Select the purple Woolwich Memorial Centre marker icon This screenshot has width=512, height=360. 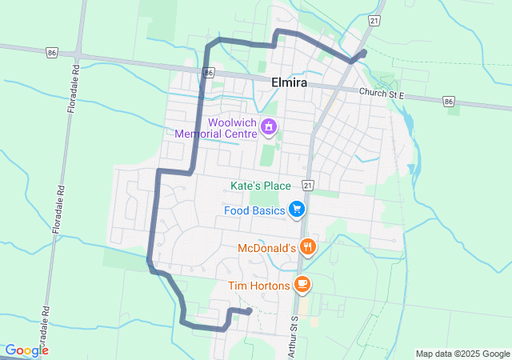click(270, 126)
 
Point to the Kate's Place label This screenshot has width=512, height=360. click(260, 186)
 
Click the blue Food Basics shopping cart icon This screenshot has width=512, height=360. click(297, 210)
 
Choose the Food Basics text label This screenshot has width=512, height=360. click(255, 210)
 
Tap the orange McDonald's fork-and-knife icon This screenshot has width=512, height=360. click(307, 247)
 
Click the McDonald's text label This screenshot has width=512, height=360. click(266, 248)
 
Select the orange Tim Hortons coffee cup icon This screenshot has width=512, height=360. click(302, 283)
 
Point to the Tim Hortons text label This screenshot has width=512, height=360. click(258, 285)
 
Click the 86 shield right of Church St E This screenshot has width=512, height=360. click(449, 101)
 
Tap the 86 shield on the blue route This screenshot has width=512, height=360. click(208, 73)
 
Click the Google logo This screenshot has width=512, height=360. click(26, 350)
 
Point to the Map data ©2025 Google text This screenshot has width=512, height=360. click(462, 354)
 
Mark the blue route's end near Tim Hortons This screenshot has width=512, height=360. click(250, 310)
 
